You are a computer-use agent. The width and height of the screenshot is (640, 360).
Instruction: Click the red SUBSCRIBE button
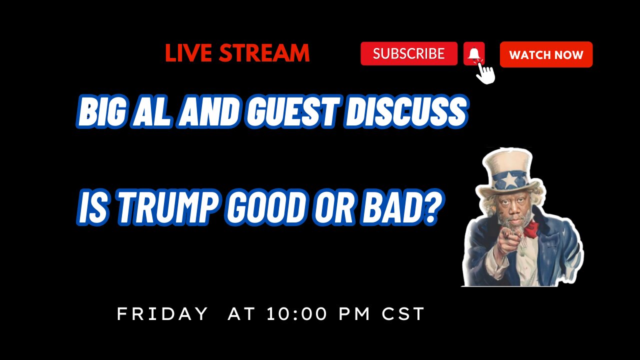[408, 53]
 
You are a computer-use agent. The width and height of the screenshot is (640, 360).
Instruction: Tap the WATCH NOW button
[546, 54]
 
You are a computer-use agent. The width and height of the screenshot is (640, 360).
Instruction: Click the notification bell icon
[474, 53]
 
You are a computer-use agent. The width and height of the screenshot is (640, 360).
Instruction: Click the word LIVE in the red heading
[189, 53]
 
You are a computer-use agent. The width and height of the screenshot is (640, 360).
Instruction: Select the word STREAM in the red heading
[264, 53]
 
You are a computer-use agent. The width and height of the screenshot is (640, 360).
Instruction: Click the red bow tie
[531, 229]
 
